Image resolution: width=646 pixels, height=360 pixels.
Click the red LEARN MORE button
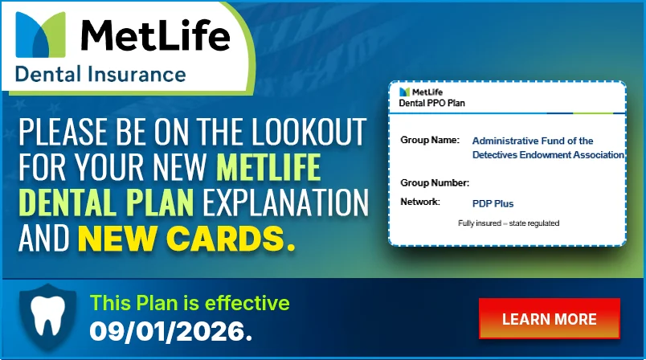point(550,318)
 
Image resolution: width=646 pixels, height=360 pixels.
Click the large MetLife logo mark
point(40,35)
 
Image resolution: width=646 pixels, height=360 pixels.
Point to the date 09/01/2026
point(170,331)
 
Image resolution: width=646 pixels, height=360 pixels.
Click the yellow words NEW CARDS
point(186,239)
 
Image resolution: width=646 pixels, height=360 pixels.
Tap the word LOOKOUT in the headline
point(309,132)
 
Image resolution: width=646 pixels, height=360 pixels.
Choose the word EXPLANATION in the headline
point(285,202)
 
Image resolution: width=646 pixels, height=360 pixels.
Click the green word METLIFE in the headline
point(268,167)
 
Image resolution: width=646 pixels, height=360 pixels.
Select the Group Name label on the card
point(430,140)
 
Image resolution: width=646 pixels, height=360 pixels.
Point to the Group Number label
point(435,182)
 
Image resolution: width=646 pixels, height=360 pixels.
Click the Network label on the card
point(420,202)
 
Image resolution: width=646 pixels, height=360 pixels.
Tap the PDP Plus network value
point(493,203)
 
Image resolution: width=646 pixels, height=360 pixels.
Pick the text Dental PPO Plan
point(431,103)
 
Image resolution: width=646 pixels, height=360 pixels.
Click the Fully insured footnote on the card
point(509,223)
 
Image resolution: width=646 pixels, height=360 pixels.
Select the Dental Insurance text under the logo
point(100,75)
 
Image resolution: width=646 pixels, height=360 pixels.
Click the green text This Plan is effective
point(190,303)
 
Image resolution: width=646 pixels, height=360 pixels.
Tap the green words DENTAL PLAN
point(106,202)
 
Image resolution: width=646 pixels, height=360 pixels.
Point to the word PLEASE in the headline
point(63,132)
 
